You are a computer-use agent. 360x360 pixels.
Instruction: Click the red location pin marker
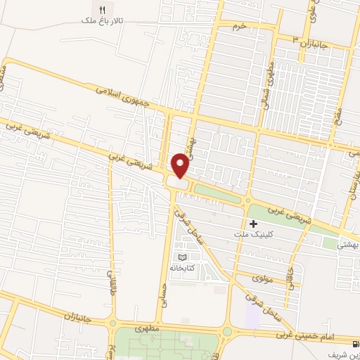(181, 166)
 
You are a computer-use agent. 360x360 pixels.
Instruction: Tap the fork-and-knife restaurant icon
(103, 10)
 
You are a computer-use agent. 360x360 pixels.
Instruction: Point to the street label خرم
(241, 25)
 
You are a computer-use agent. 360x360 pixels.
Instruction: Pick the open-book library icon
(184, 257)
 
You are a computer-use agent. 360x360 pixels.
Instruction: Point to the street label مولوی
(262, 279)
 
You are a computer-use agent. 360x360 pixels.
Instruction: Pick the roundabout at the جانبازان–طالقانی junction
(112, 324)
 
